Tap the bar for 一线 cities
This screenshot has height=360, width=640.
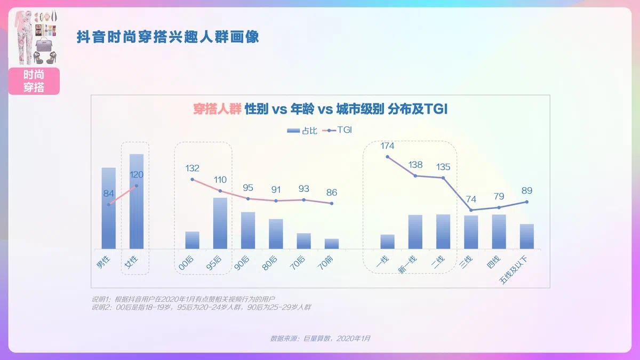coord(388,242)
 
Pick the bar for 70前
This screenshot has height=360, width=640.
coord(332,244)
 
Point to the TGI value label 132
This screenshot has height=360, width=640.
coord(193,168)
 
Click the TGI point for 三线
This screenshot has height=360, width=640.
coord(471,210)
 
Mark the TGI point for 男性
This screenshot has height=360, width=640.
coord(109,205)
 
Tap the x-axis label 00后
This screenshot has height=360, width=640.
coord(185,262)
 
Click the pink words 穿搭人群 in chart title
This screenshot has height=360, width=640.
coord(217,110)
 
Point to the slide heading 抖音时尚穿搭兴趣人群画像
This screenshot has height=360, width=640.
coord(168,37)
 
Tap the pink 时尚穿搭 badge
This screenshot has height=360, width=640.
coord(34,82)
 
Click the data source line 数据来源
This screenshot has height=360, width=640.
coord(320,338)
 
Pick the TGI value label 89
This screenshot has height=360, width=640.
coord(527,190)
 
